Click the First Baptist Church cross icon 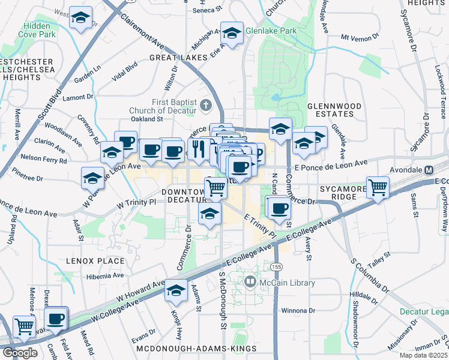click(206, 106)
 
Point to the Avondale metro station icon click(429, 169)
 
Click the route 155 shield click(276, 266)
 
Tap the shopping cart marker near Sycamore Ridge click(378, 188)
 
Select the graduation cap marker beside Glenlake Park click(231, 33)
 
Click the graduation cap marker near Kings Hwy click(176, 290)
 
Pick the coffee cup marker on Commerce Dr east click(278, 208)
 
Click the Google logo click(19, 353)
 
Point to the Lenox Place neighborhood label click(97, 261)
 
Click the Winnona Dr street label click(298, 311)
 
